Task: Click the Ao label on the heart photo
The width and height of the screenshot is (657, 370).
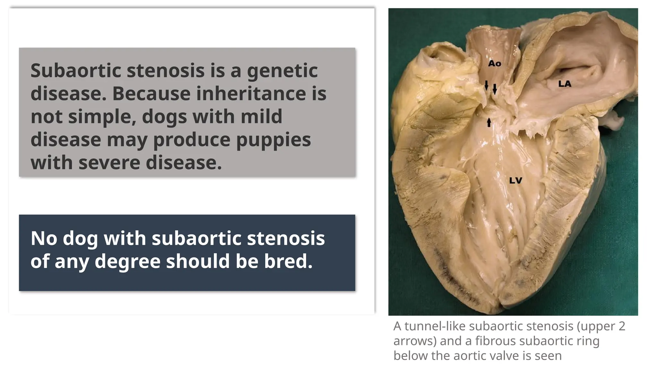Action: click(x=494, y=64)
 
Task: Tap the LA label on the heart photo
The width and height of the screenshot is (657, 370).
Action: click(x=565, y=84)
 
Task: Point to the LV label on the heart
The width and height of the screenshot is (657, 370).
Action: click(x=516, y=181)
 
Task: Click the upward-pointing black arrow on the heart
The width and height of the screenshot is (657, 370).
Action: click(x=489, y=122)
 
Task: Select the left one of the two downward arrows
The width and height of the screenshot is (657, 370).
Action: click(x=486, y=85)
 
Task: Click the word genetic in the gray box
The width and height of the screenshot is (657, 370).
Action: click(x=282, y=71)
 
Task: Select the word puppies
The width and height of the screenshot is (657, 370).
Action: click(x=273, y=140)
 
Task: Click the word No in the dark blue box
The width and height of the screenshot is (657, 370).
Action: click(x=44, y=238)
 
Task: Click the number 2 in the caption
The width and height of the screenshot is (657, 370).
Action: click(x=622, y=326)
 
